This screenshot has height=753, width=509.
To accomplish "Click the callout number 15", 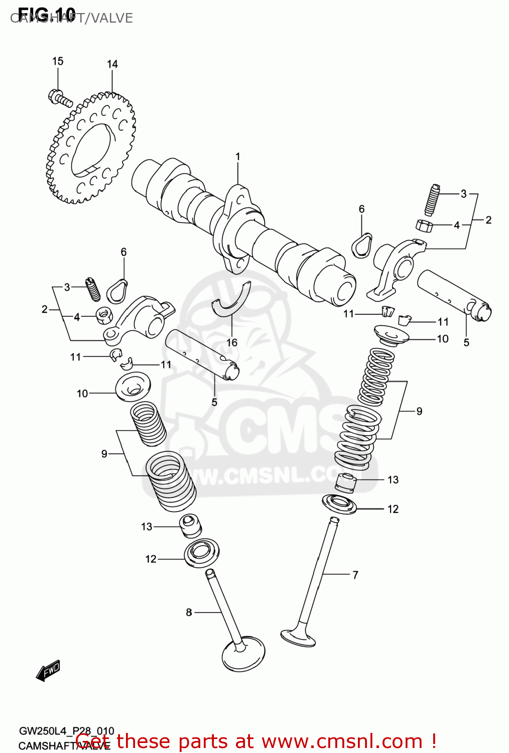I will (58, 61).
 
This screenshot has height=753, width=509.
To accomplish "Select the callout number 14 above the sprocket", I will (112, 64).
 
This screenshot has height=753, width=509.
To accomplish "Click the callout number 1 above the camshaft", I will (238, 157).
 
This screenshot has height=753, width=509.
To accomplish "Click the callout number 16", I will (231, 342).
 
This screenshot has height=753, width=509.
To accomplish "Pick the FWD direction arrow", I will (48, 671).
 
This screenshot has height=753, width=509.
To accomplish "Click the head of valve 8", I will (243, 655).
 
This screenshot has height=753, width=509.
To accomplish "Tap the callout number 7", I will (355, 575).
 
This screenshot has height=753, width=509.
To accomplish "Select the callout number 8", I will (189, 612).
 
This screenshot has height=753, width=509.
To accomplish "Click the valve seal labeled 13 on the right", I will (346, 482).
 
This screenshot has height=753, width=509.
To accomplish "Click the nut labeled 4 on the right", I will (425, 225).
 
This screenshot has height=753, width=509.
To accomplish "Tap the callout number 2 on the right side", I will (488, 220).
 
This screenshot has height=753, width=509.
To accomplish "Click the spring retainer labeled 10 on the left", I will (133, 387).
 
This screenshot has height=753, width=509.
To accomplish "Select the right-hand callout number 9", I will (419, 411).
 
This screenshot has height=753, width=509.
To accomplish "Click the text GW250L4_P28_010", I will (66, 731).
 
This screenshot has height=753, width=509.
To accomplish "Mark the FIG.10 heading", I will (46, 13).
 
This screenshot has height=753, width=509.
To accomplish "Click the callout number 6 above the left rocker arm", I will (123, 252).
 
